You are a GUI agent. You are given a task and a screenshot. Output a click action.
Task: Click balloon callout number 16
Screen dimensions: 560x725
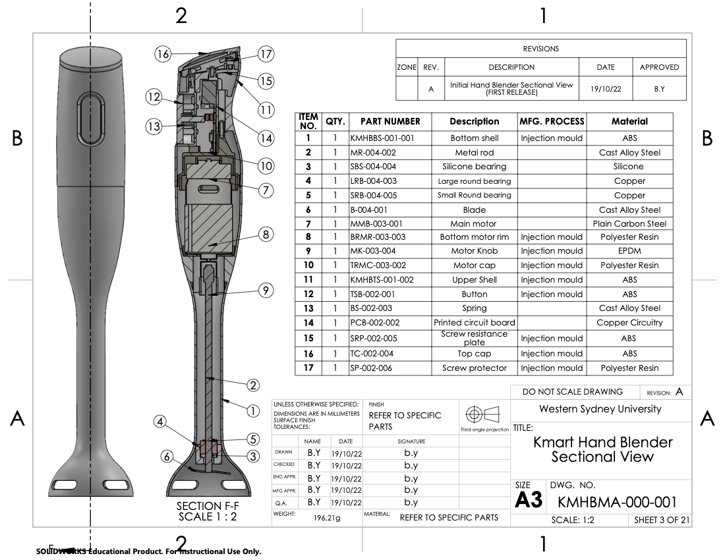[x=163, y=54]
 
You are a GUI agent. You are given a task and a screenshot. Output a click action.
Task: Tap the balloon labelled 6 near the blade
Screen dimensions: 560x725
[x=167, y=455]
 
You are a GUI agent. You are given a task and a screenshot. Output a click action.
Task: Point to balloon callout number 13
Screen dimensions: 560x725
[x=154, y=127]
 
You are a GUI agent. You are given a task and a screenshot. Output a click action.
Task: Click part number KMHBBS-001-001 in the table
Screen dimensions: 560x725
[x=382, y=138]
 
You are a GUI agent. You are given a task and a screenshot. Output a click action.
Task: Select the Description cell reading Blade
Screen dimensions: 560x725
[x=474, y=210]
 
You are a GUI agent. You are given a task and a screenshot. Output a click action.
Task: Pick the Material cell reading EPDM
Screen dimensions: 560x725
[x=629, y=251]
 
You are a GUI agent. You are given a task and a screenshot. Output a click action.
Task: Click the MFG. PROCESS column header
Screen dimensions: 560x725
[x=552, y=121]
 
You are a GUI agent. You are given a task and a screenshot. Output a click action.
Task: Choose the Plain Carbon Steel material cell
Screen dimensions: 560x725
[x=629, y=224]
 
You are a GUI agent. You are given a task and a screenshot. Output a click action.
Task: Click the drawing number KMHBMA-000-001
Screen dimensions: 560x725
[x=617, y=502]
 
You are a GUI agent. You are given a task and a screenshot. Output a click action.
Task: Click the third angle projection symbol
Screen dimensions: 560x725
[x=483, y=416]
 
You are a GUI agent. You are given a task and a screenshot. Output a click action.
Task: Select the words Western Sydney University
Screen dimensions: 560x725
[x=600, y=409]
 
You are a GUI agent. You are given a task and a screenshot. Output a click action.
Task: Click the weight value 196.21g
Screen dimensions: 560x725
[x=327, y=518]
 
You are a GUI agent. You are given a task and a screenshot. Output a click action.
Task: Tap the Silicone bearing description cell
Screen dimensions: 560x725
[x=474, y=167]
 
